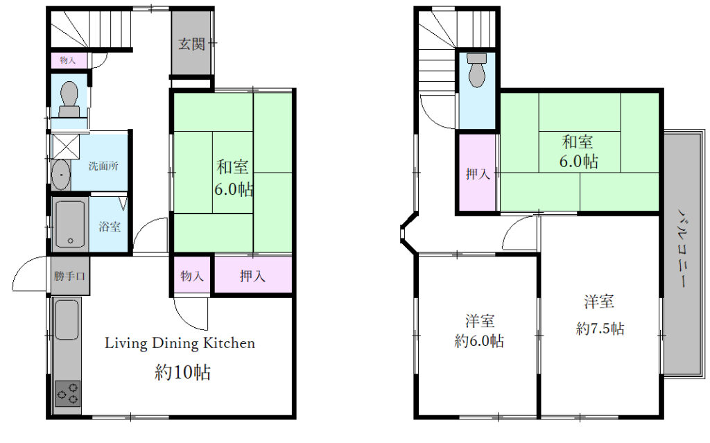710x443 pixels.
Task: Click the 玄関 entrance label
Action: point(191,44)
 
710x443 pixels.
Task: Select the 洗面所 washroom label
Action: point(103,166)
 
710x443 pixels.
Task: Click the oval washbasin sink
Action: point(61,175)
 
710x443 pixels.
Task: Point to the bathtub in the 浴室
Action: point(70,224)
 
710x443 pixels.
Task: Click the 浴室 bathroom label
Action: point(110,226)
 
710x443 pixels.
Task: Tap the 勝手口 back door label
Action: point(69,275)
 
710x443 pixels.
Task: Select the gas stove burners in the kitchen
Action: point(67,393)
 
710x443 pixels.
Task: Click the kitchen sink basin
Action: point(67,320)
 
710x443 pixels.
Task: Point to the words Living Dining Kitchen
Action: point(180,343)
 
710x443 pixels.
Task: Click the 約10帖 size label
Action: point(182,372)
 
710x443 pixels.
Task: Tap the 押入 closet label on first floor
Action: point(252,275)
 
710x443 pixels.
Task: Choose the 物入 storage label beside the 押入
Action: point(192,275)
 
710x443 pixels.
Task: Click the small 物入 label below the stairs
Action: point(67,60)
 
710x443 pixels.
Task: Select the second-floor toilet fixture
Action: point(477,70)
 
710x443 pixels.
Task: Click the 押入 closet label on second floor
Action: point(478,173)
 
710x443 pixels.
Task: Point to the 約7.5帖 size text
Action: point(600,328)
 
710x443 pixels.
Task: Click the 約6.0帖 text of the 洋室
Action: point(479,340)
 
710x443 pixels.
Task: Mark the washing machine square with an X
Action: point(66,146)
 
